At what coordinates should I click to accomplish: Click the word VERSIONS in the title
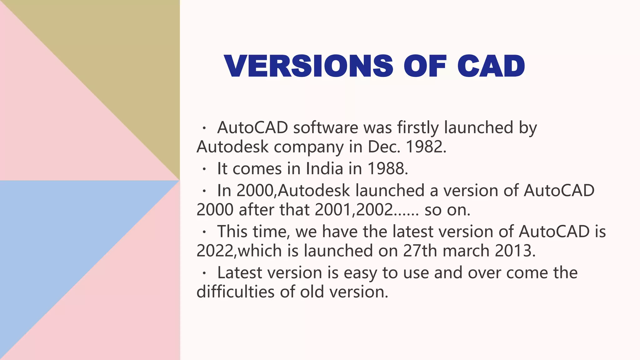308,66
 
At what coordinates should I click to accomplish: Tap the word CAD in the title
491,66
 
